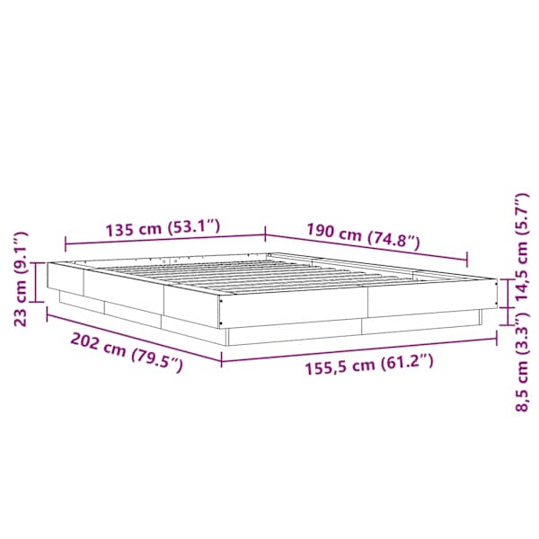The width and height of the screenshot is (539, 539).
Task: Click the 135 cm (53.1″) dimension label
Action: pyautogui.click(x=163, y=227)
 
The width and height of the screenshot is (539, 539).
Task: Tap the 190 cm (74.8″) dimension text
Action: pyautogui.click(x=363, y=235)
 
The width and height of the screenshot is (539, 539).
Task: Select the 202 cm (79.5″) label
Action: pyautogui.click(x=126, y=352)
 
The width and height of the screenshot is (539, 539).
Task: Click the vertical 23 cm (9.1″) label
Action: pyautogui.click(x=21, y=279)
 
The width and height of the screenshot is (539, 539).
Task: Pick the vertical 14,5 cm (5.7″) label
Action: pyautogui.click(x=520, y=247)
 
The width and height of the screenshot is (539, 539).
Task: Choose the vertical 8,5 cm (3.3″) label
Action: pyautogui.click(x=521, y=362)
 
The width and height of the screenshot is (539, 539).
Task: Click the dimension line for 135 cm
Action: pyautogui.click(x=165, y=239)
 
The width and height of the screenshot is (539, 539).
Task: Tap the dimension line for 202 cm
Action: pyautogui.click(x=134, y=336)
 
